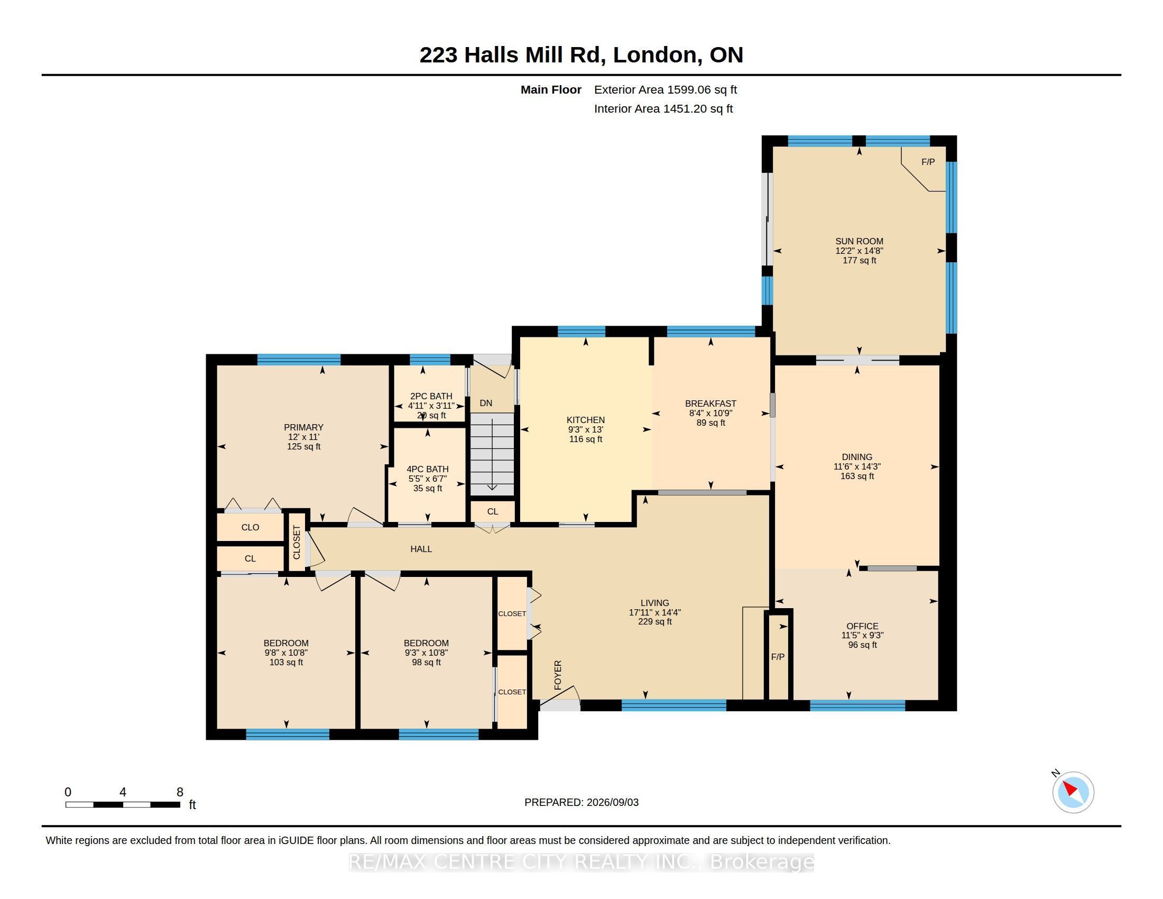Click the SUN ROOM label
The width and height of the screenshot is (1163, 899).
[859, 241]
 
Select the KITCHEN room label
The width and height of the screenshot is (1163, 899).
[586, 420]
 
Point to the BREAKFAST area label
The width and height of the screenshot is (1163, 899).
[710, 403]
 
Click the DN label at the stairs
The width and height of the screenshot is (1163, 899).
[486, 403]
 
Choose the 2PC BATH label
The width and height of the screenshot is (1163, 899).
[431, 396]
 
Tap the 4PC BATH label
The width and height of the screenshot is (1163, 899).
[428, 469]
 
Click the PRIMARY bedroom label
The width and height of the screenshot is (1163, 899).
[303, 427]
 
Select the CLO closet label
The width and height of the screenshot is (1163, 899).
[250, 527]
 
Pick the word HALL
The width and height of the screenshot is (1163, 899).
[421, 549]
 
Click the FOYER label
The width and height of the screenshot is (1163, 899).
[558, 675]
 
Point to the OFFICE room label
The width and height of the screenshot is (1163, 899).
[862, 626]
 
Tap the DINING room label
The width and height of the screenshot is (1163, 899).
[857, 457]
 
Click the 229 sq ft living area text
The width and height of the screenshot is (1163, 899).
[655, 621]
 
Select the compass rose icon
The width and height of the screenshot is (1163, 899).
[1073, 793]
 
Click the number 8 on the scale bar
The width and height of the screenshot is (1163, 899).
[180, 792]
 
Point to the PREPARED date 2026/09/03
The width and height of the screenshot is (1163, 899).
[612, 802]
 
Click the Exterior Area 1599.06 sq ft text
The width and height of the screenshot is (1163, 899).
[666, 90]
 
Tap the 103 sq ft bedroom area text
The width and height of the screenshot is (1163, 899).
[286, 663]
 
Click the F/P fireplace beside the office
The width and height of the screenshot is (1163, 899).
[778, 657]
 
